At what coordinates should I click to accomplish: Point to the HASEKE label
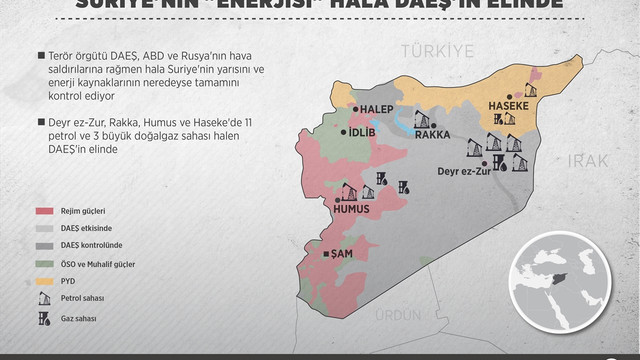[x=507, y=105]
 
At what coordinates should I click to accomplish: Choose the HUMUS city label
[x=352, y=210]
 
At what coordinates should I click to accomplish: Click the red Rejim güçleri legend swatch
[x=44, y=211]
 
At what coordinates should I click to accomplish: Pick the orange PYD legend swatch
[x=44, y=281]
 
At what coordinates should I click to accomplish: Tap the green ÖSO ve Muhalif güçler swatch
[x=44, y=263]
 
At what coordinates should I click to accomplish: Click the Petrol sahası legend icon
[x=43, y=298]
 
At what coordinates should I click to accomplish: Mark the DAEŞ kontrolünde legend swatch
[x=44, y=246]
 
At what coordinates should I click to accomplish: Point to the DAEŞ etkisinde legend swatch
[x=44, y=229]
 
